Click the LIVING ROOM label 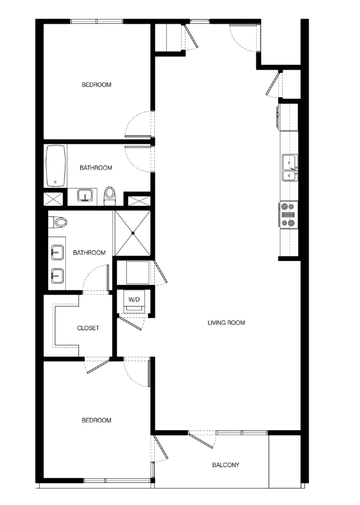pos(226,323)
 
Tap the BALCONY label pos(225,465)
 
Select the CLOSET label pos(88,328)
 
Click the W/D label pos(134,300)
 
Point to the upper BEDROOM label pos(96,85)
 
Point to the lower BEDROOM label pos(96,420)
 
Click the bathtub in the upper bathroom pos(56,166)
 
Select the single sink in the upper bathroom pos(85,195)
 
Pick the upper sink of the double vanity pos(57,252)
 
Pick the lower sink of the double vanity pos(57,276)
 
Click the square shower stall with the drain pos(133,233)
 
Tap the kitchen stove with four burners pos(288,215)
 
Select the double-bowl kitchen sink pos(290,167)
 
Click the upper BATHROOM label pos(96,168)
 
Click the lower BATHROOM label pos(89,252)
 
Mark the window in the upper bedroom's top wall pos(96,21)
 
